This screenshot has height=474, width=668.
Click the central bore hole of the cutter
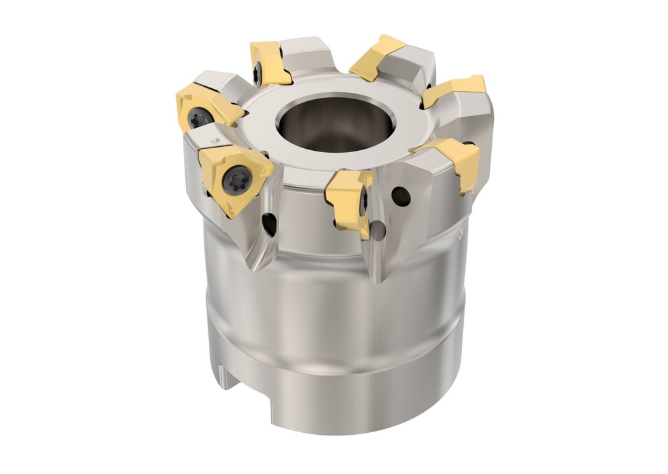tap(335, 123)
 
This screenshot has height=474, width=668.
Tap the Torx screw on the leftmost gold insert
tap(199, 118)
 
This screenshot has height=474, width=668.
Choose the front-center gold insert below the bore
tap(349, 199)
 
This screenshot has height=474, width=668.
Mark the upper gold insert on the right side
tap(455, 90)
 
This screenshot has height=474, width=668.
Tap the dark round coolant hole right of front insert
tap(402, 197)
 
